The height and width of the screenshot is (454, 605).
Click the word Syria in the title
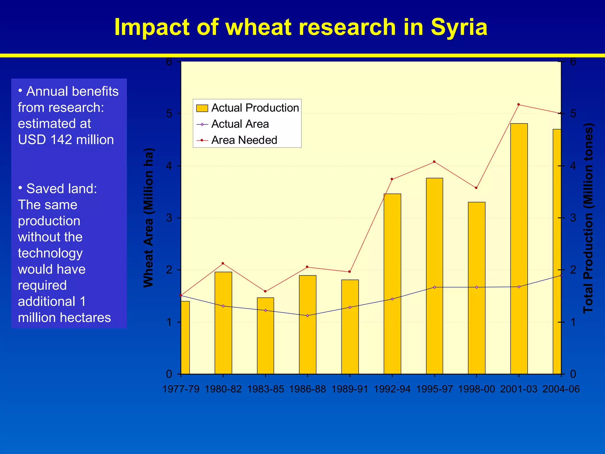(x=459, y=27)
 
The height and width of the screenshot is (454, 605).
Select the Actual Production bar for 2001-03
(x=519, y=248)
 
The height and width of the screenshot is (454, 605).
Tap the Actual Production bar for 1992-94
(x=392, y=284)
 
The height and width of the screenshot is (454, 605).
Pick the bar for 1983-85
(x=265, y=335)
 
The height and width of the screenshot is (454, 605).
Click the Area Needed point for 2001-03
(x=518, y=104)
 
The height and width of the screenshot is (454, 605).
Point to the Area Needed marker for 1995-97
(x=434, y=162)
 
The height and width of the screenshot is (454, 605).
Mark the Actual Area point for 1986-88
(x=308, y=315)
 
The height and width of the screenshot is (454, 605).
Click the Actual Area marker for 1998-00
(x=476, y=287)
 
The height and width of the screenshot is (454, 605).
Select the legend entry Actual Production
(x=255, y=108)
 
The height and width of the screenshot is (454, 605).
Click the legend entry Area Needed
(x=244, y=140)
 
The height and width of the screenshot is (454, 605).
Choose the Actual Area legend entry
(x=240, y=124)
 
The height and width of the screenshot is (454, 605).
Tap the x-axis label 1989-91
(x=350, y=389)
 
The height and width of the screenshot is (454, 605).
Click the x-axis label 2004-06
(x=561, y=389)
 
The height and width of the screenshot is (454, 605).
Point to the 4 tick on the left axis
(x=169, y=166)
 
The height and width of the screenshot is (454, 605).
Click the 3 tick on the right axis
(x=573, y=218)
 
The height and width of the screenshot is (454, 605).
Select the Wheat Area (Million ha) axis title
(x=149, y=218)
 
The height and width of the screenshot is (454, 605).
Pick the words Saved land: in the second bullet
(x=61, y=189)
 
